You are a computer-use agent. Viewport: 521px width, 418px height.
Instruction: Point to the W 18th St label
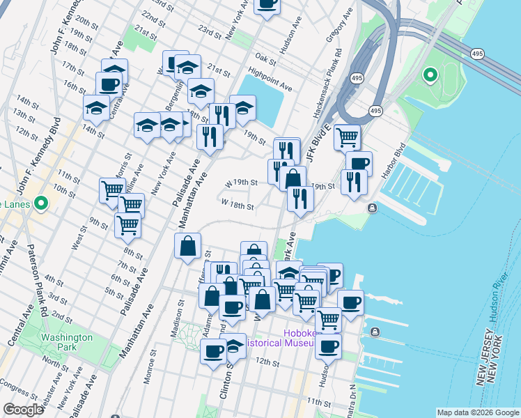point(238,206)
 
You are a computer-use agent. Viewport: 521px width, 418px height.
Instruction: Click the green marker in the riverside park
point(430,74)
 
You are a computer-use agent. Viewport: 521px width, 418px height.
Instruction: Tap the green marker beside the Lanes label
point(41,204)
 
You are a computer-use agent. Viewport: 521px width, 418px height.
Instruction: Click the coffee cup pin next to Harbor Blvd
point(359,163)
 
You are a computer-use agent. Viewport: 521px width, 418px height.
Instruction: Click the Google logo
point(23,410)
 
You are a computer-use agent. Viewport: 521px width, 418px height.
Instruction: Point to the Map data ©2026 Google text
point(478,412)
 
